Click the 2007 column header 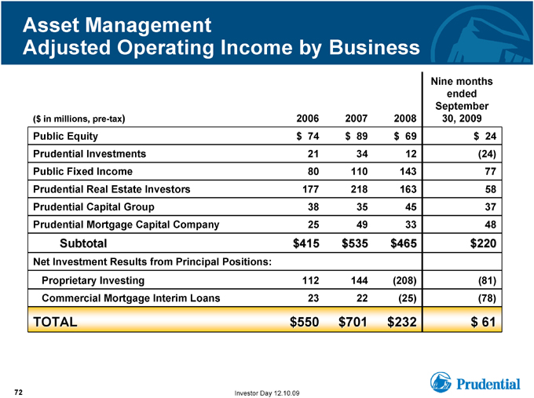pyautogui.click(x=356, y=119)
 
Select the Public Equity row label pyautogui.click(x=65, y=136)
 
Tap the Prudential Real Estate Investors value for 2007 pyautogui.click(x=359, y=189)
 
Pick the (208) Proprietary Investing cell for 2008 pyautogui.click(x=404, y=280)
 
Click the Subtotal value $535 pyautogui.click(x=355, y=243)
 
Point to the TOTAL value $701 pyautogui.click(x=353, y=322)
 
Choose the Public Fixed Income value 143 pyautogui.click(x=408, y=172)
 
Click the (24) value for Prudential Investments pyautogui.click(x=487, y=154)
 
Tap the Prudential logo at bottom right pyautogui.click(x=475, y=382)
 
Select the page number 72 pyautogui.click(x=18, y=393)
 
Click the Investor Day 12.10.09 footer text pyautogui.click(x=267, y=393)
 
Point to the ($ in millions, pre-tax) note pyautogui.click(x=79, y=119)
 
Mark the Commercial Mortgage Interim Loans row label pyautogui.click(x=131, y=298)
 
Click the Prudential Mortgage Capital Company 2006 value pyautogui.click(x=313, y=225)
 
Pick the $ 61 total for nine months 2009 pyautogui.click(x=483, y=322)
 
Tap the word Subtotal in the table pyautogui.click(x=83, y=243)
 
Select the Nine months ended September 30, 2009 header pyautogui.click(x=462, y=100)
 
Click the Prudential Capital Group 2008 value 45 pyautogui.click(x=411, y=207)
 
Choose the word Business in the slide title pyautogui.click(x=375, y=47)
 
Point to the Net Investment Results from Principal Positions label pyautogui.click(x=152, y=262)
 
